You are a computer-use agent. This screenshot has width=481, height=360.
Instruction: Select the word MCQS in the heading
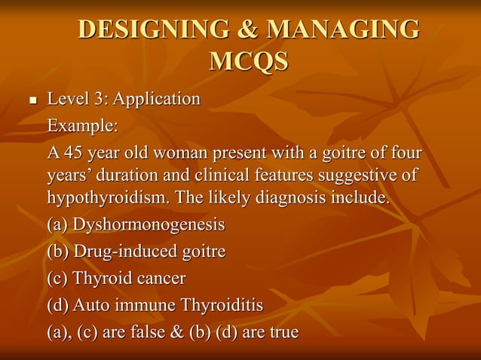tap(248, 61)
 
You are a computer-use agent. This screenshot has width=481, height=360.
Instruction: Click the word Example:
tap(83, 124)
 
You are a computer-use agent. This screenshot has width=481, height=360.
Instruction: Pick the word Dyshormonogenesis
tap(149, 224)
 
